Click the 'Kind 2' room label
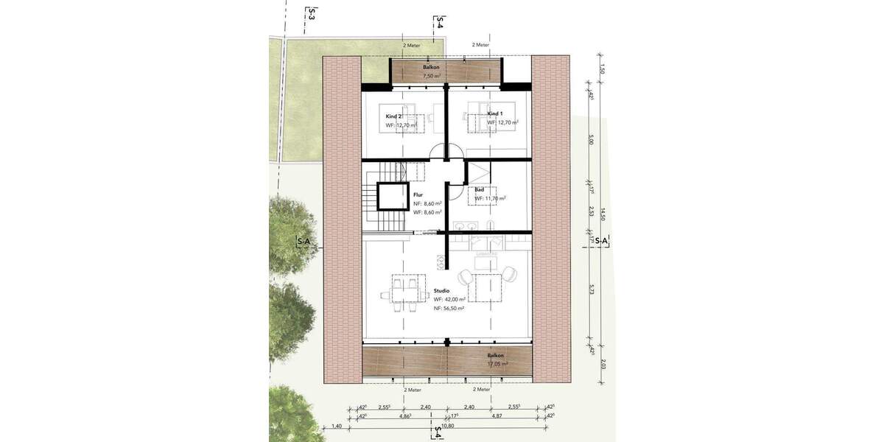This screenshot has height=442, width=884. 395,116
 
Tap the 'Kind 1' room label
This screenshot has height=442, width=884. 496,114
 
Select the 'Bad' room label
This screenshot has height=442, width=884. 480,189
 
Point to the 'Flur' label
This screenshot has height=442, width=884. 418,194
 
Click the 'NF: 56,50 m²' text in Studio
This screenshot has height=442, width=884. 448,309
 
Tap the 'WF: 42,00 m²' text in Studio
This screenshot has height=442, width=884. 448,300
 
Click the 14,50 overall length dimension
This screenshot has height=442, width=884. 602,214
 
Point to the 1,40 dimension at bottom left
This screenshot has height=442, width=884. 337,427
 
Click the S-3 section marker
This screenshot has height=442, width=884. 312,13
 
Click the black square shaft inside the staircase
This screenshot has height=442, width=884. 393,197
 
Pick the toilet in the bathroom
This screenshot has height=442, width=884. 491,227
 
